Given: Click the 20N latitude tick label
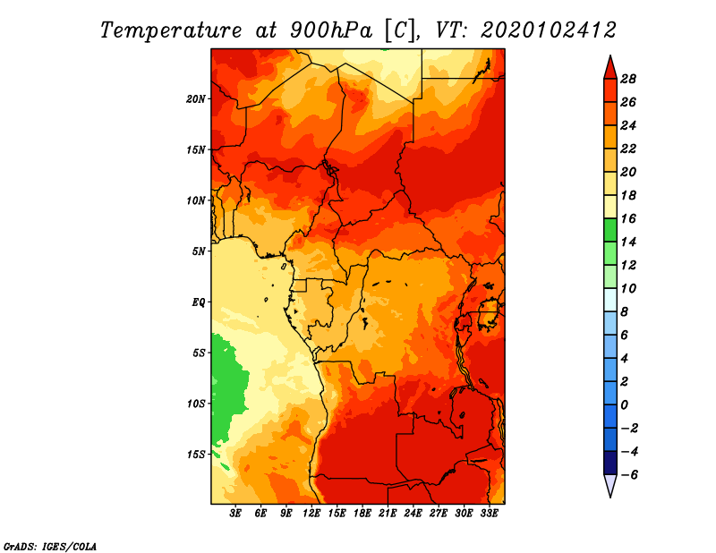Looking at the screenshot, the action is (195, 98).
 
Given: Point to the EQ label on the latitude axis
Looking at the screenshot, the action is (198, 302).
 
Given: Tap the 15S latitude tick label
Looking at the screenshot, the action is (195, 455).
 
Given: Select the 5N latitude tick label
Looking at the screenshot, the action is (198, 251).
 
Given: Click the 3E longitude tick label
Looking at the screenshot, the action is (234, 513).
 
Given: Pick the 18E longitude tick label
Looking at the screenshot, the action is (362, 513).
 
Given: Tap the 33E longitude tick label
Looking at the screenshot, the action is (489, 513).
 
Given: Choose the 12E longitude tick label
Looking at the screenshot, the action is (311, 513).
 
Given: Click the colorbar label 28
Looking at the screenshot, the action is (628, 79).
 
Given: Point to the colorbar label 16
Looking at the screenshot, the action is (628, 218).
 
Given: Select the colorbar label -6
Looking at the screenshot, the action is (629, 475).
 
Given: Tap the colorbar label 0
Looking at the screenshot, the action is (624, 405).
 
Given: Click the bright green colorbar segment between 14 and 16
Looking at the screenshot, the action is (610, 230).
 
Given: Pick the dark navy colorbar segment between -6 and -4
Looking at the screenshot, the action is (610, 463).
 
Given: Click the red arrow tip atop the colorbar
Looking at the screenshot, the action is (610, 55).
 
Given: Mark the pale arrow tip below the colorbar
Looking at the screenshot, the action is (610, 497).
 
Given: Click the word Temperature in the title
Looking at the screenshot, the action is (171, 30).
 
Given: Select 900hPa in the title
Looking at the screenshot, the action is (331, 30).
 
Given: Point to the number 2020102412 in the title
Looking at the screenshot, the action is (549, 30).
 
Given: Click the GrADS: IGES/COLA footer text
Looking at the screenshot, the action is (50, 546).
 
